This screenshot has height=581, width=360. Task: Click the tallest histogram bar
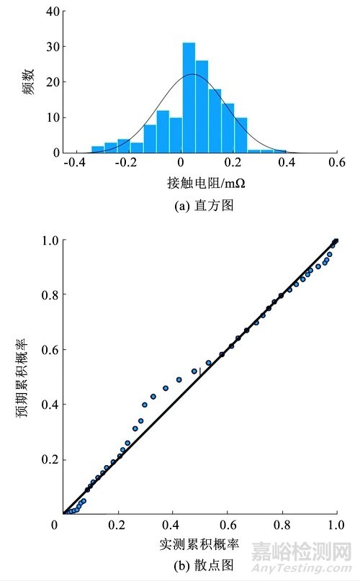tap(189, 98)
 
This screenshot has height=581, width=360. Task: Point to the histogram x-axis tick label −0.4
tap(73, 163)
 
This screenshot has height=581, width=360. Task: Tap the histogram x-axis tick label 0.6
tap(336, 163)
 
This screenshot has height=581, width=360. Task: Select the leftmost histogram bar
tap(97, 149)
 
